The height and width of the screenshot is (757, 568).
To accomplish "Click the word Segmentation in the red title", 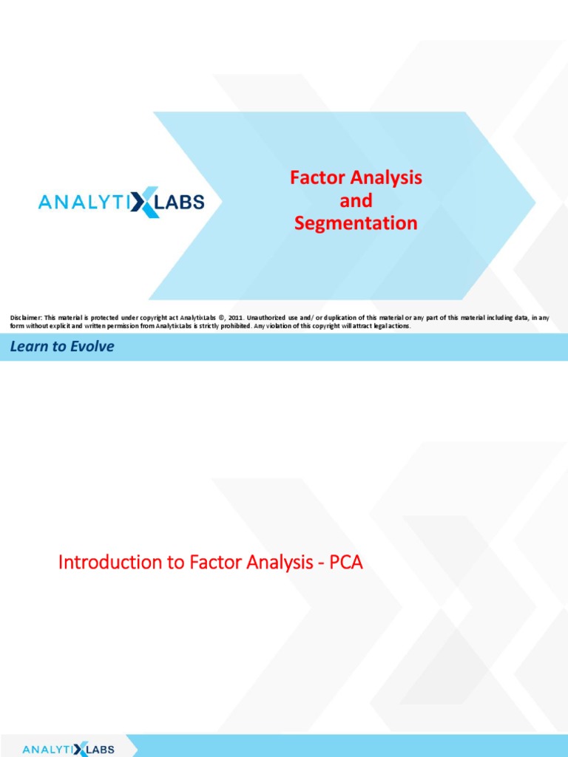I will [x=356, y=223].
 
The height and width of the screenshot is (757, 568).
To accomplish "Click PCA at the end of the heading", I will [x=345, y=563].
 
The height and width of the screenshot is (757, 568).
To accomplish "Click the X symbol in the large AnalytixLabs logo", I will [x=144, y=201].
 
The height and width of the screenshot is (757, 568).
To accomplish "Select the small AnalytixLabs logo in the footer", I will [x=69, y=749].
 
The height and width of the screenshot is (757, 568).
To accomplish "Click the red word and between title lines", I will [x=356, y=200].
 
